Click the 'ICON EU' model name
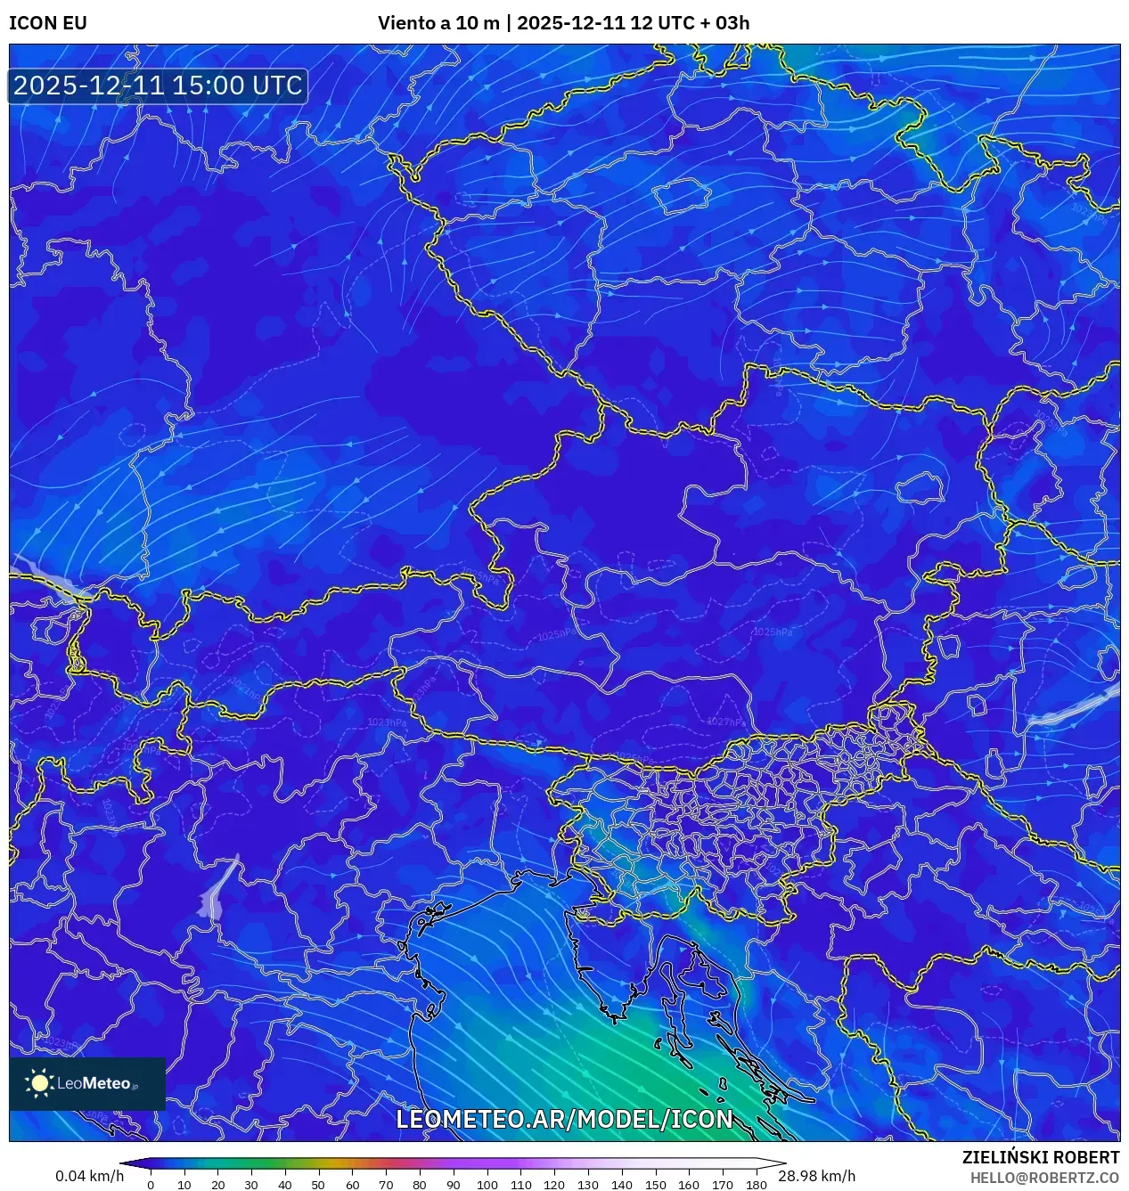click(x=48, y=23)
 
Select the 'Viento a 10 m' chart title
click(x=438, y=23)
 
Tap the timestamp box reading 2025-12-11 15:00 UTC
click(x=158, y=86)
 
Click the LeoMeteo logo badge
click(x=87, y=1083)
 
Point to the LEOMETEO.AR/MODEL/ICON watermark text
click(x=564, y=1119)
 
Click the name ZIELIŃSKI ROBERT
click(x=1040, y=1157)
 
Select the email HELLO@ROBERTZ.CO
click(x=1044, y=1178)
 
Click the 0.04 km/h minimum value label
click(x=89, y=1176)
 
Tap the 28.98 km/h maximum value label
click(x=816, y=1176)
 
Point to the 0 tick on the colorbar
click(x=151, y=1185)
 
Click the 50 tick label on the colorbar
click(x=318, y=1185)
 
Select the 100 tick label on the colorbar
click(x=487, y=1185)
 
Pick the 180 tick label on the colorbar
click(x=756, y=1185)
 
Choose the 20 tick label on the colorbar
click(x=217, y=1185)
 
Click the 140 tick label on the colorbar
click(x=621, y=1185)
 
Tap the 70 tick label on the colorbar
click(x=386, y=1185)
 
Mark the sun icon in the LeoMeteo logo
click(x=39, y=1083)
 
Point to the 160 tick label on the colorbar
click(x=689, y=1185)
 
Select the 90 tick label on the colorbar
click(x=453, y=1185)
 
